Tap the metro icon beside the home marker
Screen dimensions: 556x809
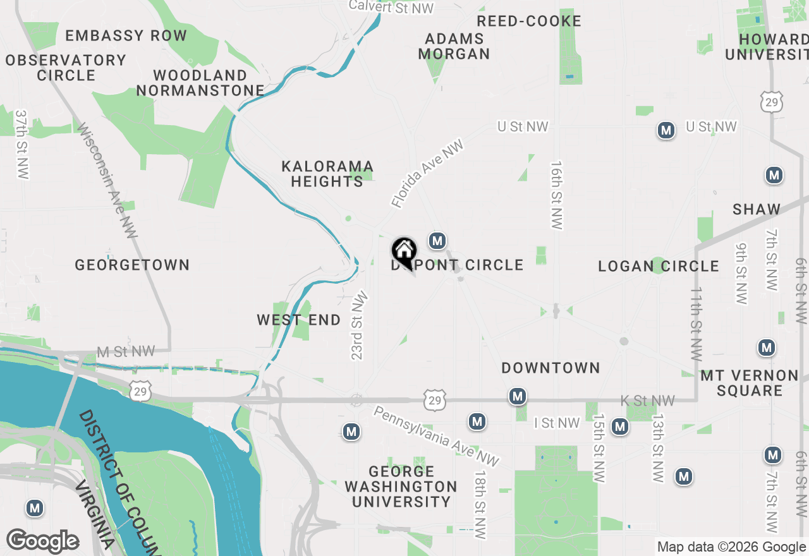(x=437, y=241)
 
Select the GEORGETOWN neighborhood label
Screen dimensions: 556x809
(x=132, y=265)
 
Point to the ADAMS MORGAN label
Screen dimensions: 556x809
(x=454, y=46)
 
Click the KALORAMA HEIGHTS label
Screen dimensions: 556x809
(x=327, y=174)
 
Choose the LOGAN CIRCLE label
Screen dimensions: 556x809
(x=659, y=266)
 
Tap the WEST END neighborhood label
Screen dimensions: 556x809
(x=298, y=320)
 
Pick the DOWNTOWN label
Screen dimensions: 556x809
(x=550, y=368)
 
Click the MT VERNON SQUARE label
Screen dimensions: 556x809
(x=750, y=383)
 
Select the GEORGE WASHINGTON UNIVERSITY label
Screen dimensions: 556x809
(x=401, y=486)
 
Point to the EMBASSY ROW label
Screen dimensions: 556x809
(x=126, y=35)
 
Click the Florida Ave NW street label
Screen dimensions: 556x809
(x=427, y=174)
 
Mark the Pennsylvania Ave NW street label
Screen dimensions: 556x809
(x=436, y=436)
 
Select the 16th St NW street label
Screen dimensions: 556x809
(x=556, y=195)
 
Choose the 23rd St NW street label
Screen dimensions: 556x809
(x=358, y=325)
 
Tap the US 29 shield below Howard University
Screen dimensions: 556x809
(x=772, y=102)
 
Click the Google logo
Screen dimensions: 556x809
(x=42, y=541)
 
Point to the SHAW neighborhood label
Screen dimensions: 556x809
(x=757, y=209)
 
